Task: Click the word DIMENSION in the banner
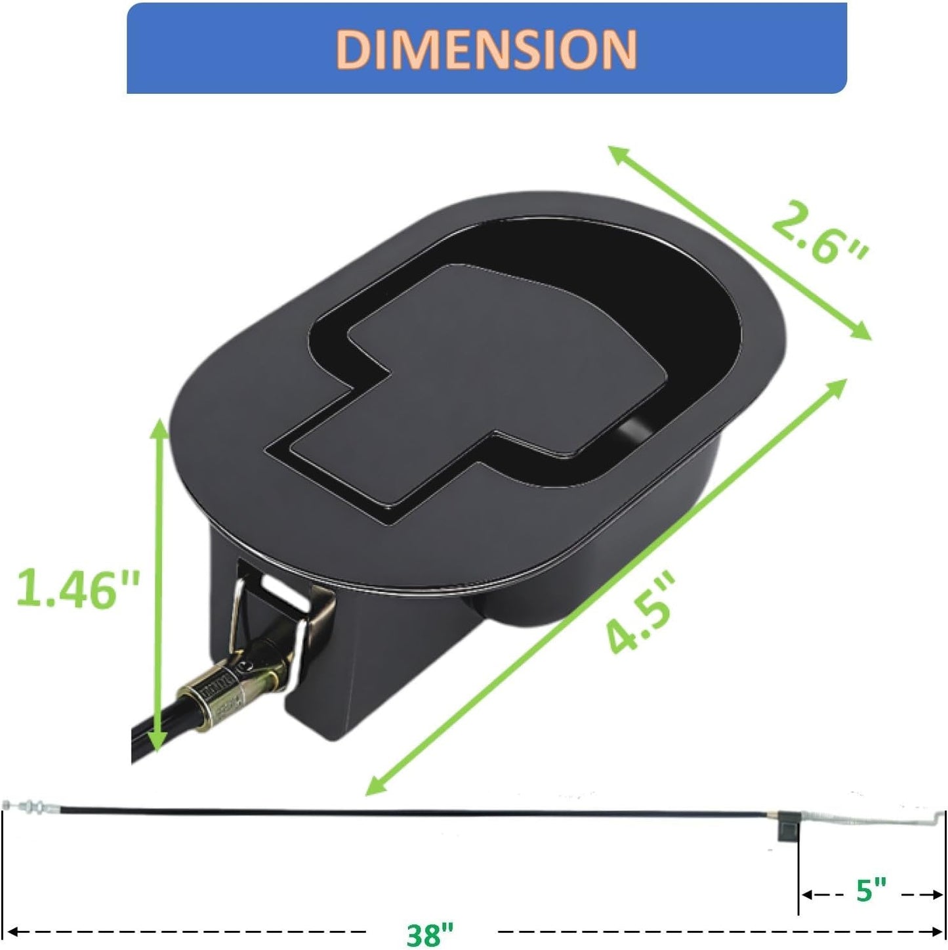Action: [486, 49]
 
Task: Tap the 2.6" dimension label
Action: [819, 234]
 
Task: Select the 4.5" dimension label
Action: [640, 613]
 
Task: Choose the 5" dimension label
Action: [871, 891]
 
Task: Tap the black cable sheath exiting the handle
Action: [151, 732]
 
